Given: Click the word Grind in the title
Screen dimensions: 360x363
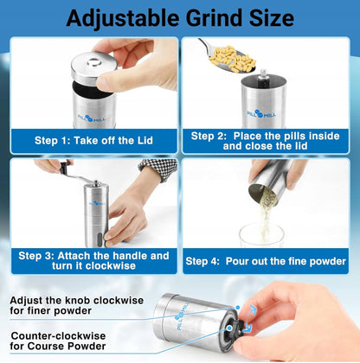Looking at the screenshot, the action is click(215, 18).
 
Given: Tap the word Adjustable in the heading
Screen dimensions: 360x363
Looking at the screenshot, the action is click(122, 19).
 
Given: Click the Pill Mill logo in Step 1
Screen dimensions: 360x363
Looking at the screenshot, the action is click(91, 118).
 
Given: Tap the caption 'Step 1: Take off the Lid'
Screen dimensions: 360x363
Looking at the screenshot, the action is click(93, 140).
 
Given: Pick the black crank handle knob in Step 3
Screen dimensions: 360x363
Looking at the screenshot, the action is click(65, 168).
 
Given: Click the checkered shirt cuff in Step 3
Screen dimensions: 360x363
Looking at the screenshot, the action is click(159, 169).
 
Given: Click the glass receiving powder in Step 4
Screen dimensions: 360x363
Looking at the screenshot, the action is click(262, 235).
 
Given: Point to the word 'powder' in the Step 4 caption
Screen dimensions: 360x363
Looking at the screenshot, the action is click(327, 261).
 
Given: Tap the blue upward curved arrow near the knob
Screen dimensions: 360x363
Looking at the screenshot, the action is click(252, 310).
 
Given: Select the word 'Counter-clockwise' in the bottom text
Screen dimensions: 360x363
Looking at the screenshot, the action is click(58, 336).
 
